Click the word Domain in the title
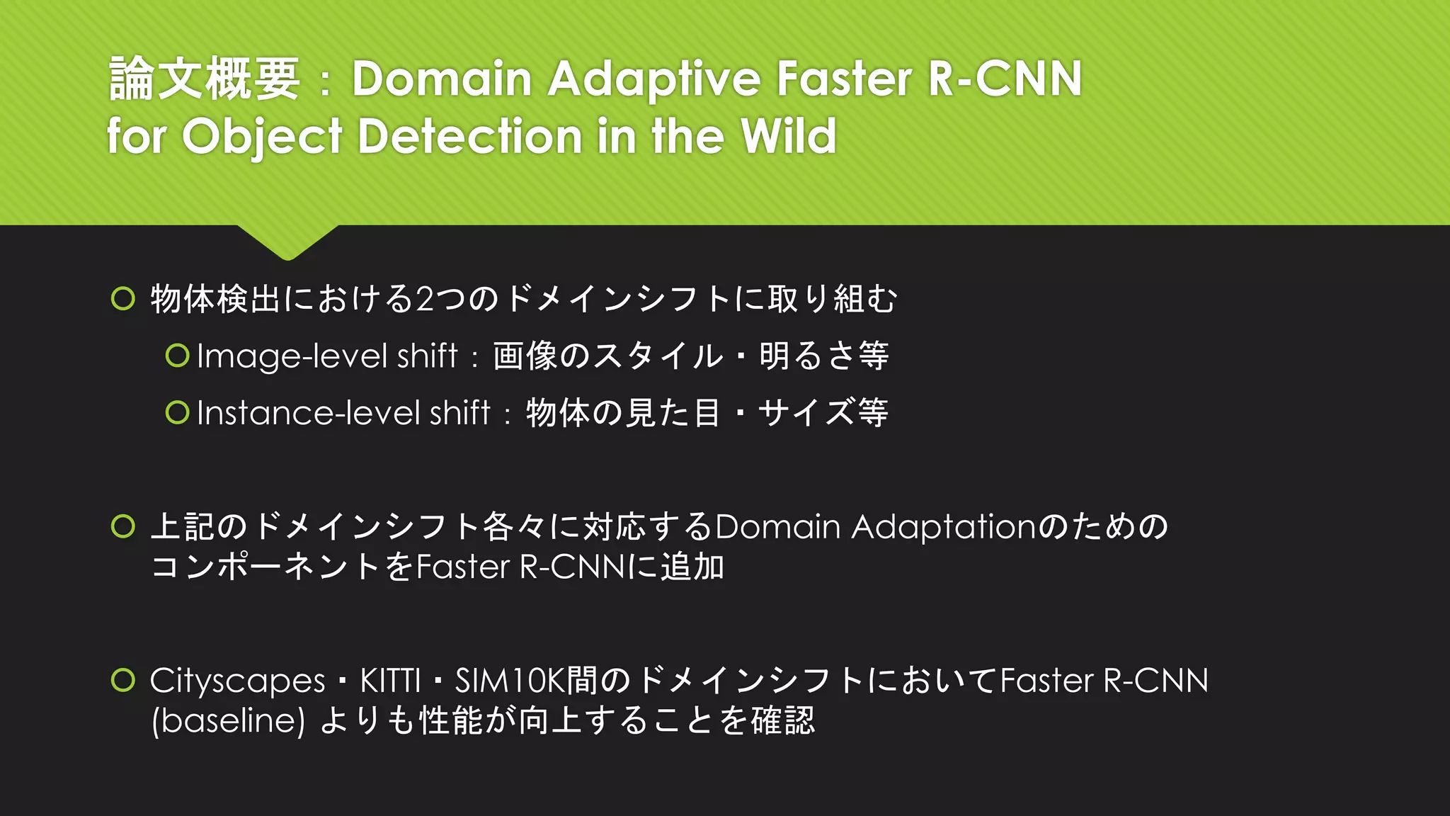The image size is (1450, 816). [442, 78]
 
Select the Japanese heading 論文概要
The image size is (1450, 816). [205, 78]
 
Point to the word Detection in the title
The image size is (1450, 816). [469, 135]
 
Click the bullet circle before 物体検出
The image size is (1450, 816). [123, 299]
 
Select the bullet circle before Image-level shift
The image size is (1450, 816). [177, 356]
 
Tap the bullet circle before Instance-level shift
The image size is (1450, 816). [177, 412]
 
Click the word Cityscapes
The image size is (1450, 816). [237, 681]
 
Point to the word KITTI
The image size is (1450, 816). [390, 681]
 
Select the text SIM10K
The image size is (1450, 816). [509, 681]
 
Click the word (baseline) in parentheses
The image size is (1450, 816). [228, 721]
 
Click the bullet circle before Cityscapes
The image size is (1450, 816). [123, 680]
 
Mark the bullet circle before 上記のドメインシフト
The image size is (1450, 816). [123, 526]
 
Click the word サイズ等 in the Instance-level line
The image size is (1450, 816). [823, 413]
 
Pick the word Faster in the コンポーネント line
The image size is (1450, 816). [463, 567]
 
